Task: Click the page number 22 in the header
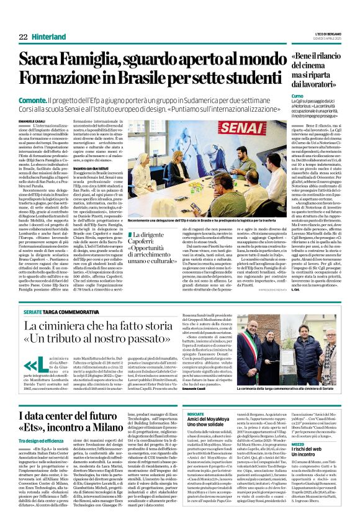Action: (23, 37)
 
